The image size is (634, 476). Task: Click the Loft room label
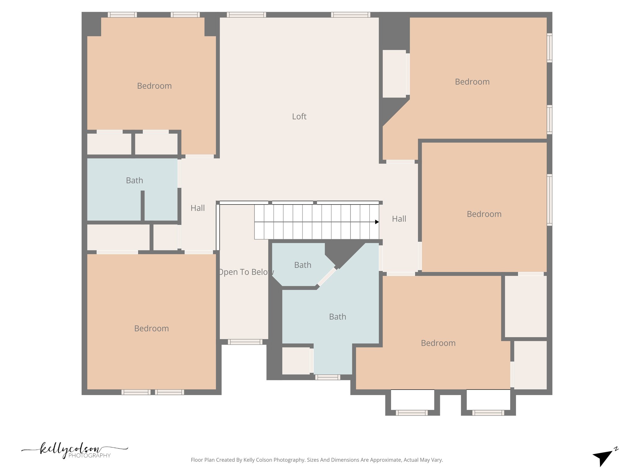299,117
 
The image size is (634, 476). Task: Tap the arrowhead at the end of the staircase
377,222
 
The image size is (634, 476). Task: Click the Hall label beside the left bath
198,208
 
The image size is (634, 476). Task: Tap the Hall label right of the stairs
399,219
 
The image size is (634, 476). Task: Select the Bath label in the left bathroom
134,180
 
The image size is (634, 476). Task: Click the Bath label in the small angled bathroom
302,265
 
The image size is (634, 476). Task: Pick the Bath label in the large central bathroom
337,317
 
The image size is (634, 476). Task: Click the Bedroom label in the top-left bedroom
154,86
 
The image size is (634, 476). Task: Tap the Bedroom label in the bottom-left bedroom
151,328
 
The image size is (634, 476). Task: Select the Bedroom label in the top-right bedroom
472,82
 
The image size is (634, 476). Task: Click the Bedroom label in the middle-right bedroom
484,214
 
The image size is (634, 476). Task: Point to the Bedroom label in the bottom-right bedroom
438,343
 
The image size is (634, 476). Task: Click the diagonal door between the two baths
327,276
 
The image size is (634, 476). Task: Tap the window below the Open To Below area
245,342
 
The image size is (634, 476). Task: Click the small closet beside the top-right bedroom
394,74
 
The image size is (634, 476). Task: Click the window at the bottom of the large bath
328,377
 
